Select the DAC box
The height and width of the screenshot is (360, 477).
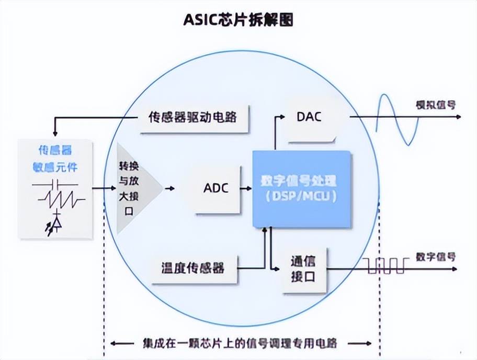coord(309,117)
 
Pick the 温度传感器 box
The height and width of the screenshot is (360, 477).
coord(193,268)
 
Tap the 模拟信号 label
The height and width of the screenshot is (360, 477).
coord(435,105)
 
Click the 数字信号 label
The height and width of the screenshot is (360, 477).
coord(435,256)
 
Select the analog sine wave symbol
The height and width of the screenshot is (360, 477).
coord(397,119)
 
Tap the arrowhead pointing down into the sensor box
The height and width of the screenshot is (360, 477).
coord(54,134)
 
